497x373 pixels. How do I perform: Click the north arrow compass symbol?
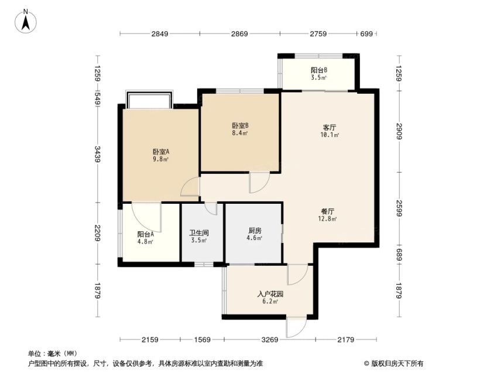pos(26,21)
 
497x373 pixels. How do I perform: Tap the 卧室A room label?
pos(161,152)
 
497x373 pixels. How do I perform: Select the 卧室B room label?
pos(240,125)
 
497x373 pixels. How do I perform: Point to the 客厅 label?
pos(330,128)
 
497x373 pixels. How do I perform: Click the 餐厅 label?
pos(327,211)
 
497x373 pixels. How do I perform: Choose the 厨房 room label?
pos(255,231)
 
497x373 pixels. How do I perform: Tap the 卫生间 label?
pos(199,233)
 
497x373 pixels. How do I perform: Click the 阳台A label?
pos(146,234)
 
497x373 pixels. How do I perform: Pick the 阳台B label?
pos(319,70)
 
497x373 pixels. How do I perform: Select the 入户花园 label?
pos(270,294)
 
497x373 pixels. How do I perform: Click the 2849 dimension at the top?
pos(160,33)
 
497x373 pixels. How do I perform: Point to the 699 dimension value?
pos(366,33)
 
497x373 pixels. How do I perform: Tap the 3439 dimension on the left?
pos(98,155)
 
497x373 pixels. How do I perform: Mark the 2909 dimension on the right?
pos(399,131)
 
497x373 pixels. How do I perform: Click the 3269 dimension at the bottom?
pos(270,340)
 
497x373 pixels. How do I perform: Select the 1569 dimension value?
pos(202,340)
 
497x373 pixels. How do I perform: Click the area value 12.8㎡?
pos(327,218)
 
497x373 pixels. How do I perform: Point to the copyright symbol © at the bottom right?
pos(366,364)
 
